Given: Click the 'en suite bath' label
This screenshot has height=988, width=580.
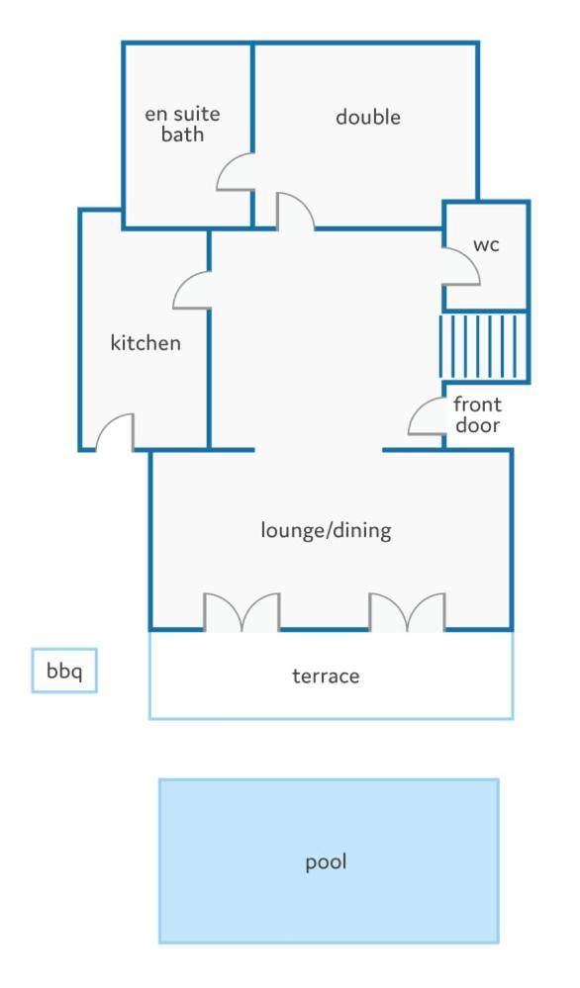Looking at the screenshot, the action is pos(182,125).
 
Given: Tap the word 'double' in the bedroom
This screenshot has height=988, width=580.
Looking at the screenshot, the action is pos(368,117).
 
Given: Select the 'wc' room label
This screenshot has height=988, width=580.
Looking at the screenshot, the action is pos(486,244).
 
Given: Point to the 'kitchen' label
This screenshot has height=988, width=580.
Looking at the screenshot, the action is pos(145,343).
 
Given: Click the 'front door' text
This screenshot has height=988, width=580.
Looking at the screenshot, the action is pos(477,414).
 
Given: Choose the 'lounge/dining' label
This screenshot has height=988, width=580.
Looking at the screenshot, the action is pos(326,530).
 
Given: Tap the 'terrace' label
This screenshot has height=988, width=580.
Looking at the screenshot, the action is pos(326,676).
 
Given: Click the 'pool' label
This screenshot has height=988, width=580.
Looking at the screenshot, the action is pos(326,862).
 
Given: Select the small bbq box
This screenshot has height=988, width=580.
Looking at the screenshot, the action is pos(64,671).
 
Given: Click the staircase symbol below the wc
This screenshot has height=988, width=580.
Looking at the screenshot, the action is pos(484,346).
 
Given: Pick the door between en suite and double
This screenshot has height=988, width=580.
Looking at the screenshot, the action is pos(236,171).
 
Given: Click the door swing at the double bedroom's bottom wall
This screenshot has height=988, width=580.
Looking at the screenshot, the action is pos(295,211).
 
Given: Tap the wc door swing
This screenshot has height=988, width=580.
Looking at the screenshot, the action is pos(461,266).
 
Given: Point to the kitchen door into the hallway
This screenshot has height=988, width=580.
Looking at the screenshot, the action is pos(191,290).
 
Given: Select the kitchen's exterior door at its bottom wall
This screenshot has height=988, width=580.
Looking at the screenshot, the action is pos(115,432).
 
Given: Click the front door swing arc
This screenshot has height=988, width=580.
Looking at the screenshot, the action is pos(427,416).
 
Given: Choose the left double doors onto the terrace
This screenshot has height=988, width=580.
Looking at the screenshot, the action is pos(242,612).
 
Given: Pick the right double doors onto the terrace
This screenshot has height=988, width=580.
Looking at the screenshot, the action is pos(407,612).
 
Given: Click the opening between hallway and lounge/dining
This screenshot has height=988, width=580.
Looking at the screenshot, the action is pos(319,450).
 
